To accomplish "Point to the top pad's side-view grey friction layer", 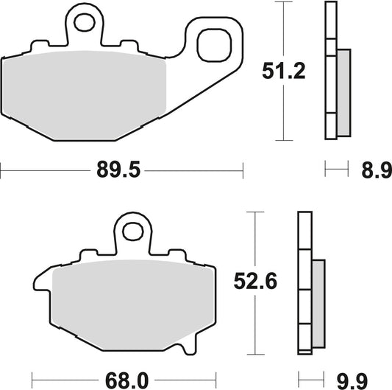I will click(343, 92).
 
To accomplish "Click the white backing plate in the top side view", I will click(329, 70).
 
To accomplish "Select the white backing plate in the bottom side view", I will click(302, 280).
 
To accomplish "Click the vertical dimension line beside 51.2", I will click(279, 111).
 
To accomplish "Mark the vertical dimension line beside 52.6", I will click(254, 324).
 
